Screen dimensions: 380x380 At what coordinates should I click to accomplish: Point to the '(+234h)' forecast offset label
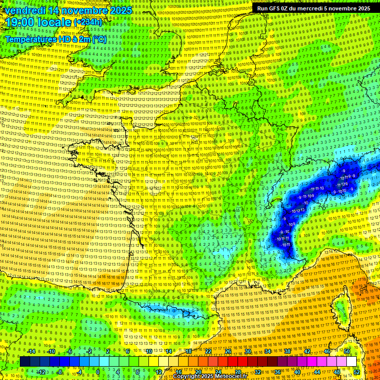coord(88,22)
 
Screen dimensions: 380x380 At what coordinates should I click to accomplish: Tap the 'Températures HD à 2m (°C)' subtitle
coord(55,39)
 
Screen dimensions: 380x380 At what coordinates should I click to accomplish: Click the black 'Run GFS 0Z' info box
coord(313,8)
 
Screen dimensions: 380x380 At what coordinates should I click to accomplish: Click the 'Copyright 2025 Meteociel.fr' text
coord(210,377)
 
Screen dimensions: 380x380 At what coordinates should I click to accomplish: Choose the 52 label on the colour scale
coord(357,372)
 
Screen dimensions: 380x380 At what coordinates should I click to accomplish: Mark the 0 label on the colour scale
coord(98,372)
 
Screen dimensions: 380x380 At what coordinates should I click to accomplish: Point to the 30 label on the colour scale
coord(247,351)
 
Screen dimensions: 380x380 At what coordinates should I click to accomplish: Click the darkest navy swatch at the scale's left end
coord(25,362)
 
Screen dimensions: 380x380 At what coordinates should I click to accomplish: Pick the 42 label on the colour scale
coord(307,351)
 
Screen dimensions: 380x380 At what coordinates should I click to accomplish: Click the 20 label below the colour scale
coord(198,372)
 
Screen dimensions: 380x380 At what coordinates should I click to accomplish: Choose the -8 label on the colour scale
coord(59,372)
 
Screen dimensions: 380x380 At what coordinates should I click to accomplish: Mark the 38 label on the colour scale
coord(287,351)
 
